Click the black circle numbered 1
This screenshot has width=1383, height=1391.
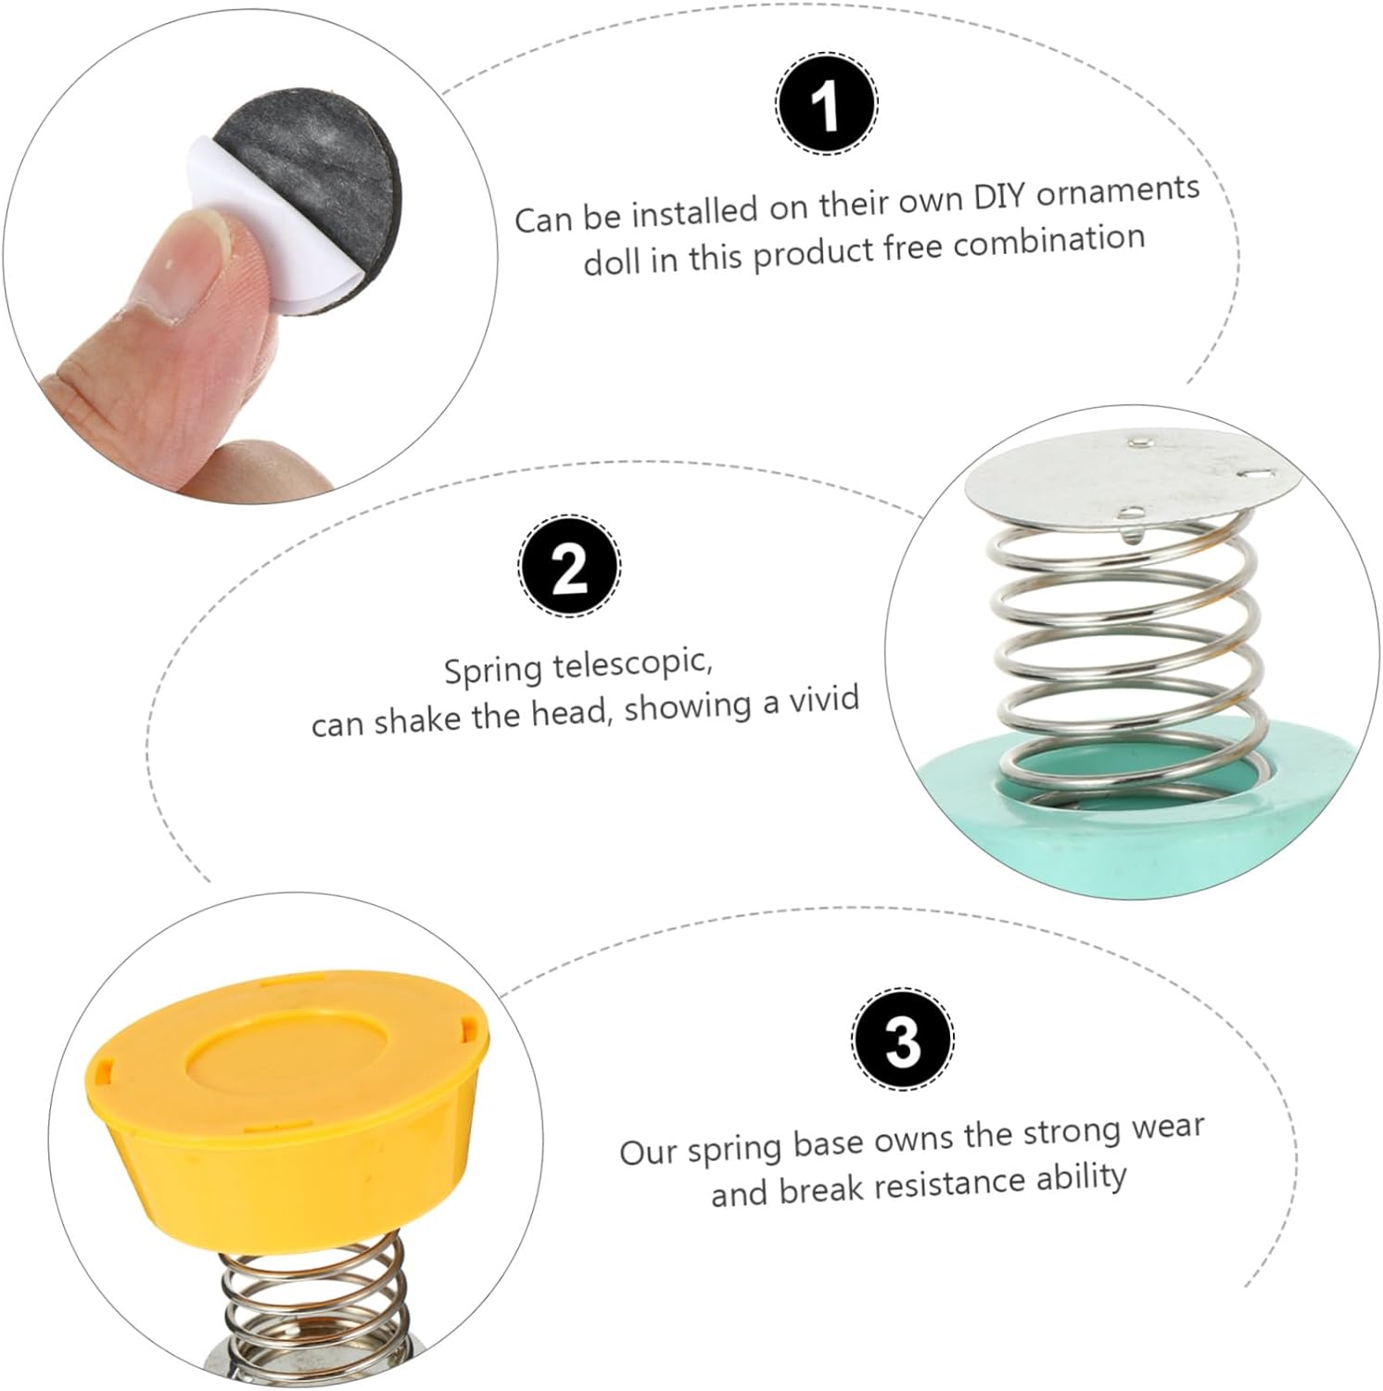[825, 105]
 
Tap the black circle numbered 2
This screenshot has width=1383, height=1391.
[568, 566]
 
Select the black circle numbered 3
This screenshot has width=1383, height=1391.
[902, 1040]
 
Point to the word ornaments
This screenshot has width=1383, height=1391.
[1119, 191]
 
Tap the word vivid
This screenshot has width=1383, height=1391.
[824, 697]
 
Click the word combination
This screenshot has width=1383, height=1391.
[1049, 241]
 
